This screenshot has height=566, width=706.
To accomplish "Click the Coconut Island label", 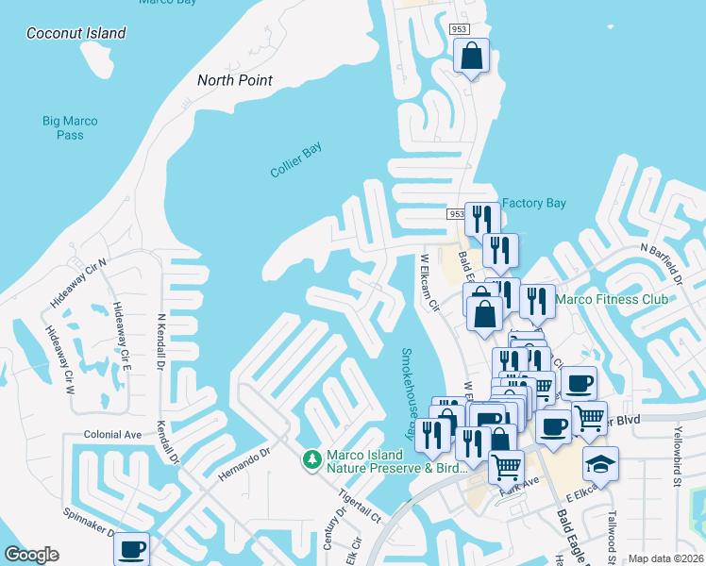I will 76,33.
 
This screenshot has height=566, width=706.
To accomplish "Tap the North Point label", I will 235,80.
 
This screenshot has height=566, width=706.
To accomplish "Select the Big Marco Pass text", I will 70,127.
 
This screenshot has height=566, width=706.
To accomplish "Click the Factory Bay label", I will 534,203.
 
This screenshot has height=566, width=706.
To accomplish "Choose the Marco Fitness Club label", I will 612,299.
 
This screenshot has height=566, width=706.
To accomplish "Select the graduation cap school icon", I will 600,463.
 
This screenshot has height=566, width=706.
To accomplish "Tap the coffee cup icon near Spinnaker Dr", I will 131,548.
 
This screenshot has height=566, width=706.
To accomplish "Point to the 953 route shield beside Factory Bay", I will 457,215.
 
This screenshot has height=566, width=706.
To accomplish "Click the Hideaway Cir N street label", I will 80,281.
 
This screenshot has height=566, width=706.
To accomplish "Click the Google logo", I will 31,555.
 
